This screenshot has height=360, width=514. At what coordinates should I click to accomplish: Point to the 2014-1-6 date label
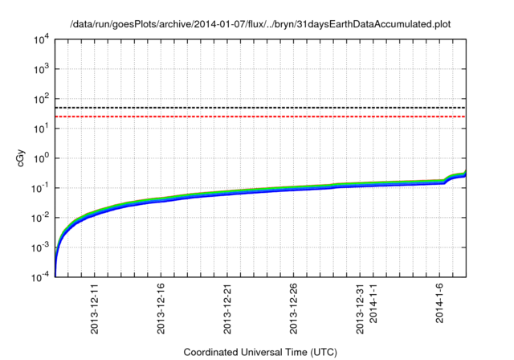click(441, 303)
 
